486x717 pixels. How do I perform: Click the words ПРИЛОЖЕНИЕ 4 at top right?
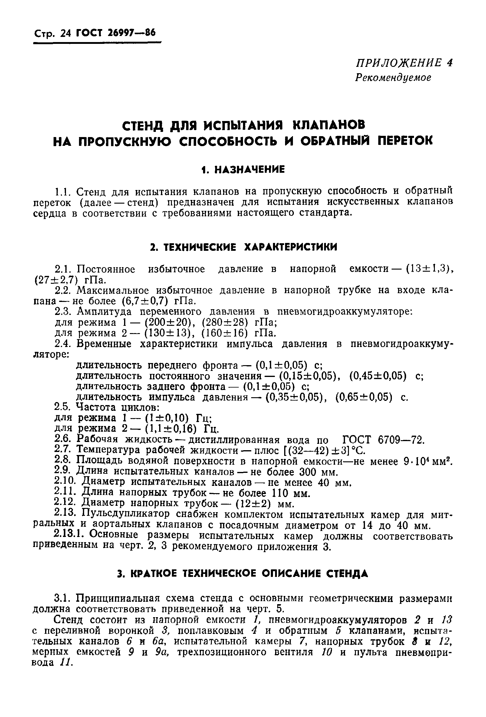(404, 63)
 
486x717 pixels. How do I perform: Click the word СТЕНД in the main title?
(143, 125)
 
